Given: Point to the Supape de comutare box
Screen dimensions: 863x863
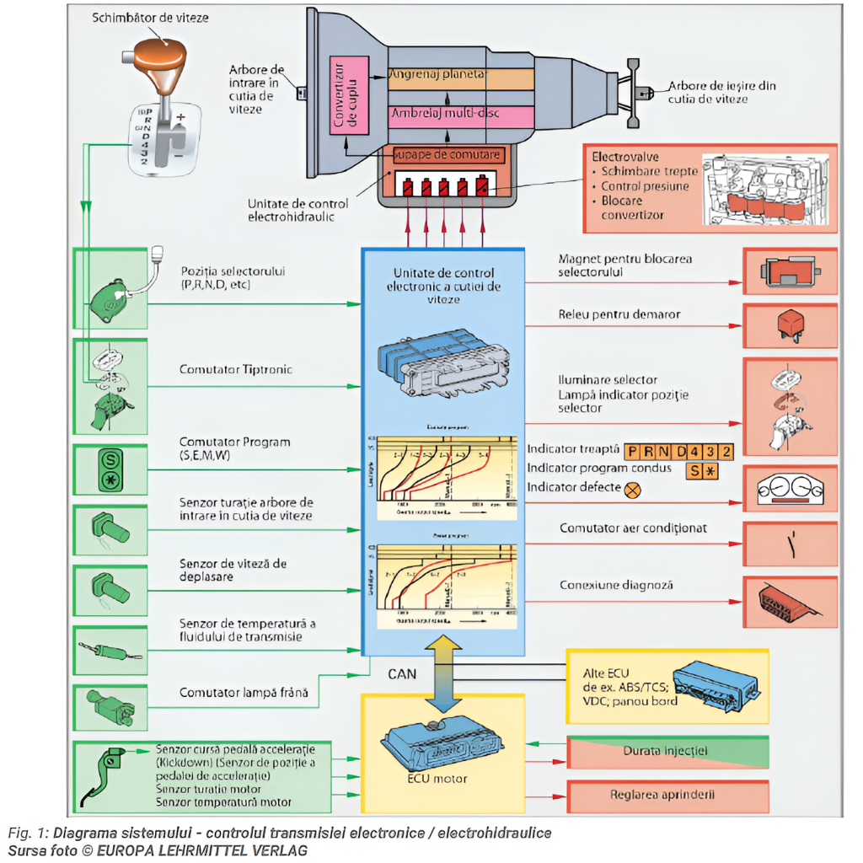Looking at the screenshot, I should coord(449,156).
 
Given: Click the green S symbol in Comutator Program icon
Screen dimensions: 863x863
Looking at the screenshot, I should coord(109,460).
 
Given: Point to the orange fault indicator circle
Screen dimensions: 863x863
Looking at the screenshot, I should coord(630,488).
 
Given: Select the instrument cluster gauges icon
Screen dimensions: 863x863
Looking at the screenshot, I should coord(790,490).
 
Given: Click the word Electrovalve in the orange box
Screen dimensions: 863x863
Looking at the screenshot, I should coord(625,157).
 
